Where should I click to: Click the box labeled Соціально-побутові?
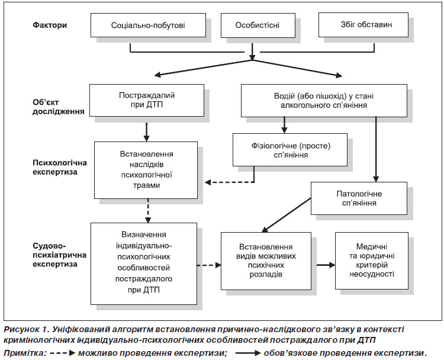(x=148, y=25)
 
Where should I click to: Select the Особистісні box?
(x=258, y=25)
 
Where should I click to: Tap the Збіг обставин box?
(x=363, y=25)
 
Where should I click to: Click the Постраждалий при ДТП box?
(x=147, y=100)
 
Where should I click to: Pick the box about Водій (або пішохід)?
(x=324, y=101)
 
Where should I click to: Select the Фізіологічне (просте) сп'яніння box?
(x=290, y=150)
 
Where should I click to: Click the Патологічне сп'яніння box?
(x=359, y=198)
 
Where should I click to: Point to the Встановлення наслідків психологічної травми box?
(x=146, y=170)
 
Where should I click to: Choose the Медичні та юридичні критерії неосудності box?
(x=372, y=261)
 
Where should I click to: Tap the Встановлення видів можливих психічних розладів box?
(x=266, y=261)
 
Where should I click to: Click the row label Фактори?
(x=50, y=25)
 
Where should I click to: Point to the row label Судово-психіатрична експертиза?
(x=59, y=255)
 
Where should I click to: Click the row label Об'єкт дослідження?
(x=59, y=107)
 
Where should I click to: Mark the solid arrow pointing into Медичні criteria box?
(x=326, y=265)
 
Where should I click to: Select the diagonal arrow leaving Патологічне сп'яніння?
(x=287, y=215)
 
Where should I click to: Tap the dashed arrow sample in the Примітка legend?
(x=63, y=353)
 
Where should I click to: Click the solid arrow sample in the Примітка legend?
(x=248, y=353)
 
